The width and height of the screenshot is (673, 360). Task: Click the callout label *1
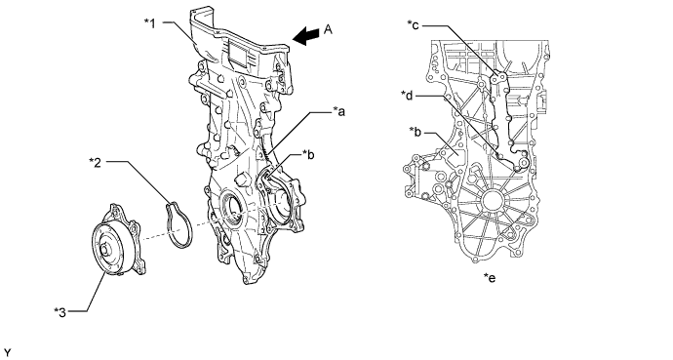point(150,22)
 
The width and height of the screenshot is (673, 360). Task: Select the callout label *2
point(96,162)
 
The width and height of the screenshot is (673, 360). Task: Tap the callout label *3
point(60,312)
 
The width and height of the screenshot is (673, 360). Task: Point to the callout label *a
point(339,112)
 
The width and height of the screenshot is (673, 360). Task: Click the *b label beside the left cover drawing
point(308,154)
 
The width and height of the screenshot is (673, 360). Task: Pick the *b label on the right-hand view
point(416,132)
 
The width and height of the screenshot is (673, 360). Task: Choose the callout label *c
point(413,25)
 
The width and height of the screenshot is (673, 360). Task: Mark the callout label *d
point(407,95)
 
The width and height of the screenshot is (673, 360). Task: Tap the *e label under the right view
point(490,278)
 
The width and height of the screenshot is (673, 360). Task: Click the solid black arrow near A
point(306,36)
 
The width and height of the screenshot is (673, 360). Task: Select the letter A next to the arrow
point(329,29)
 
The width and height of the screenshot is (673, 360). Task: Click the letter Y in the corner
point(7,353)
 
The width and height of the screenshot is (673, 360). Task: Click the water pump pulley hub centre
point(104,249)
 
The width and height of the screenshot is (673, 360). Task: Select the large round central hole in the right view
point(491,202)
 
